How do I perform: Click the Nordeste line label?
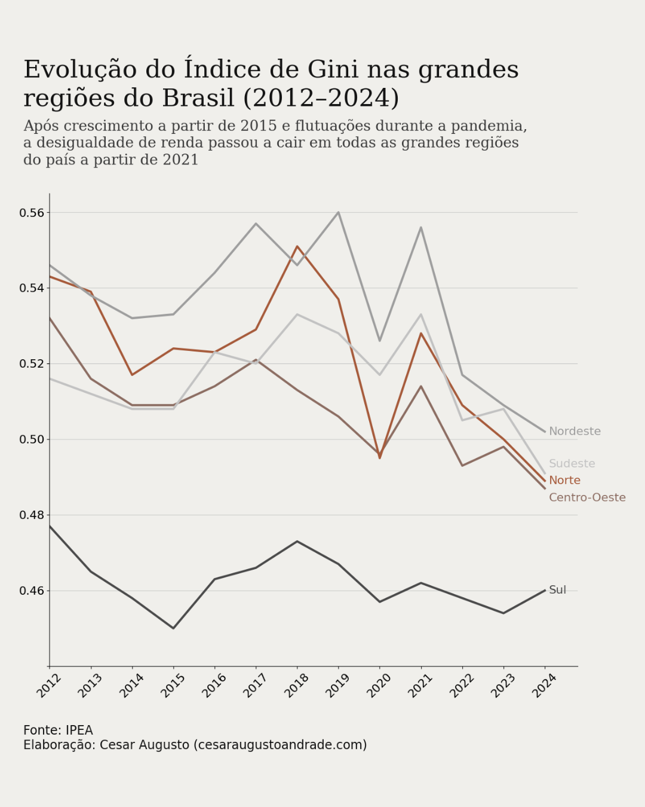coord(575,432)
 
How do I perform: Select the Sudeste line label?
coord(572,464)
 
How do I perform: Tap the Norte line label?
coord(564,481)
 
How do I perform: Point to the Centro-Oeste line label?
coord(587,498)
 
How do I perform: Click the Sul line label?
coord(557,590)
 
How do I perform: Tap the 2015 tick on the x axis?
coord(173,685)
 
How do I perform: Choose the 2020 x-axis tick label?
coord(379,685)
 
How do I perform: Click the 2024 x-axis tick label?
coord(544,685)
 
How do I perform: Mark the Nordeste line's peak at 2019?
coord(339,212)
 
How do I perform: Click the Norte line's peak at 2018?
coord(297,246)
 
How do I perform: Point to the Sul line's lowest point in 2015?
coord(173,628)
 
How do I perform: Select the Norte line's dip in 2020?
coord(380,457)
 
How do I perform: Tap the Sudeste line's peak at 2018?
coord(297,314)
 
